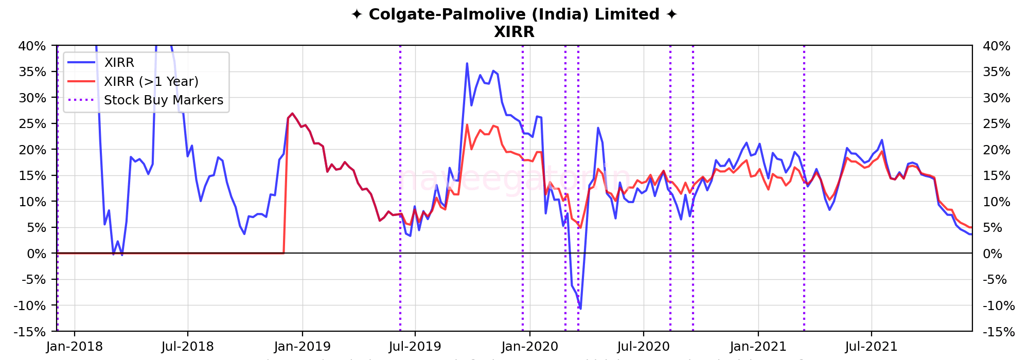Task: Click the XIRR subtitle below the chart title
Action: (x=514, y=32)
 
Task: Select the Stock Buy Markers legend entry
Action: (x=164, y=100)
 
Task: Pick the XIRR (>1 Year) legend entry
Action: (x=151, y=81)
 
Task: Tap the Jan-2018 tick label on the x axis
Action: (x=74, y=347)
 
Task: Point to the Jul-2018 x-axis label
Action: (x=187, y=347)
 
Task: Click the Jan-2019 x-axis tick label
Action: (x=302, y=347)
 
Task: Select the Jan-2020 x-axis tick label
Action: (x=530, y=347)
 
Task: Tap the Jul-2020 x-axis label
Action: (x=643, y=347)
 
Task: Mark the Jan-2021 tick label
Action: (x=758, y=347)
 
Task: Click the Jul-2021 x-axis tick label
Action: (x=872, y=347)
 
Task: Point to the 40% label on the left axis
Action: (x=32, y=46)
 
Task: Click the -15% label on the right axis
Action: (x=999, y=332)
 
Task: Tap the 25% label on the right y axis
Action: (x=997, y=124)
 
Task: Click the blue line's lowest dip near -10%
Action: (x=580, y=309)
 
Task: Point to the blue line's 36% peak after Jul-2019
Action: (x=467, y=63)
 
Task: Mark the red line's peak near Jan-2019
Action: (x=292, y=114)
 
